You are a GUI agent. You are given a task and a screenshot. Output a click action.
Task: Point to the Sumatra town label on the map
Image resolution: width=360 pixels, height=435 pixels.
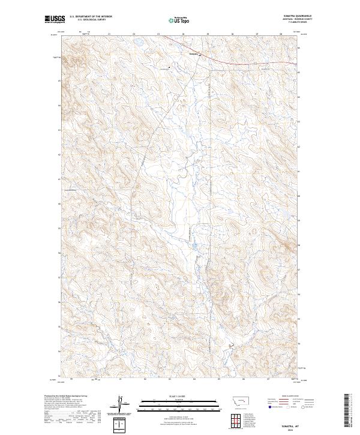click(193, 53)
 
